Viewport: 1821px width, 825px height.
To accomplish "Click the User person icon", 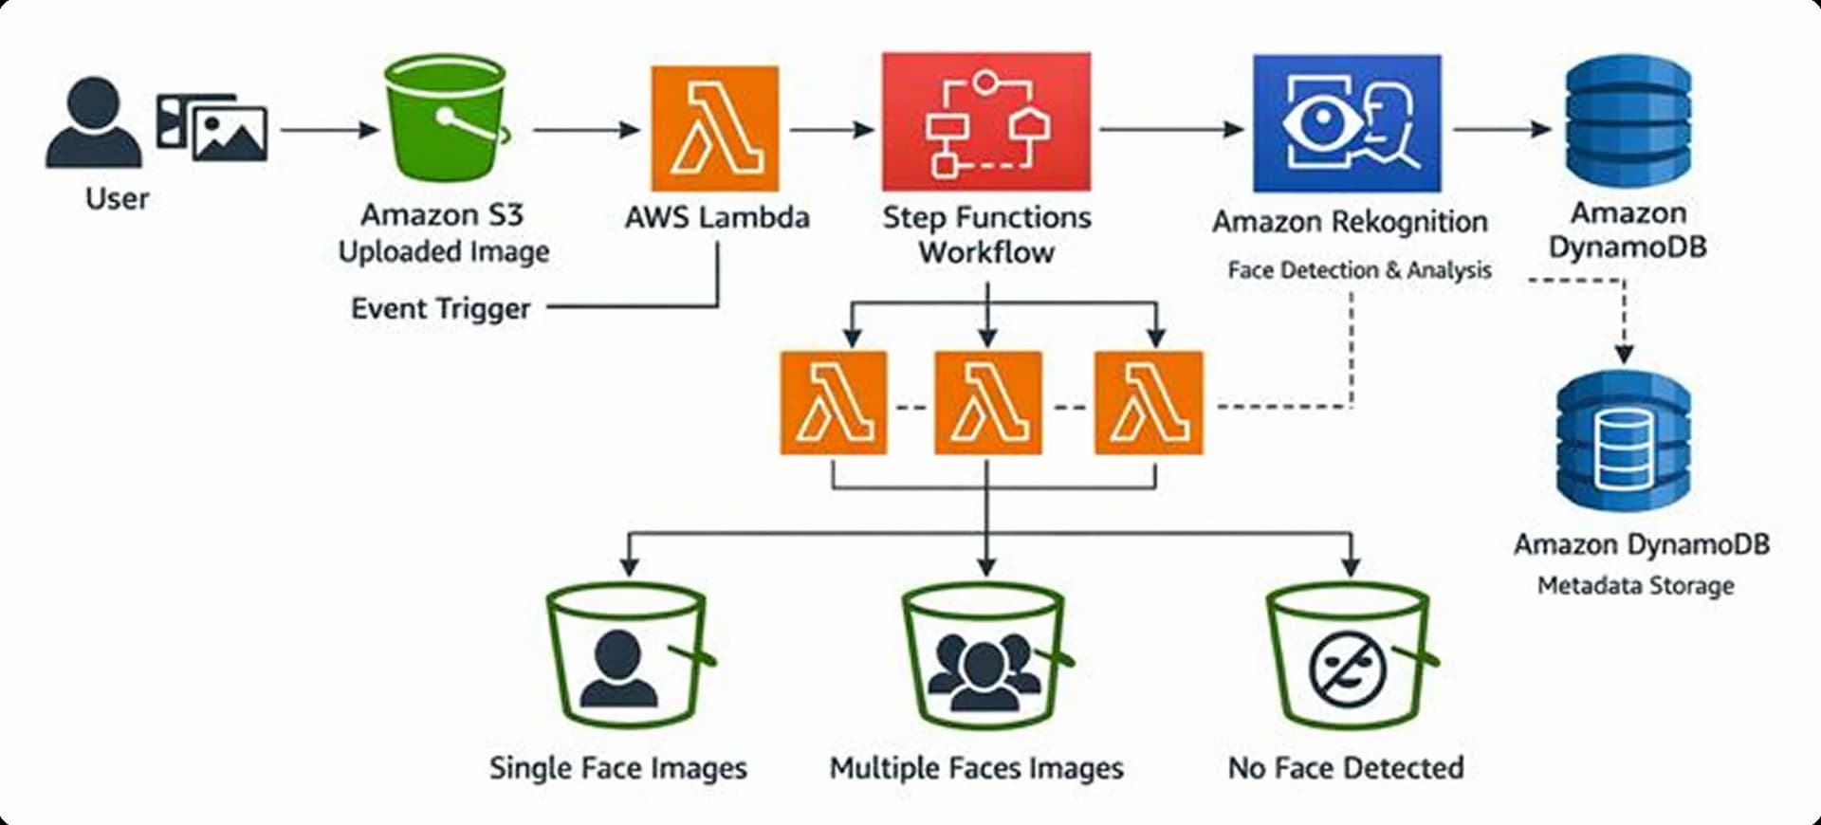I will click(x=93, y=123).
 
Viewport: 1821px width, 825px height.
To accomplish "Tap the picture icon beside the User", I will click(x=212, y=127).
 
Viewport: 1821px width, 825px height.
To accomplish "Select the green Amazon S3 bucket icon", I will click(x=445, y=118).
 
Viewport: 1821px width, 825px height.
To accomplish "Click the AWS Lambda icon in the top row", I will click(x=714, y=128).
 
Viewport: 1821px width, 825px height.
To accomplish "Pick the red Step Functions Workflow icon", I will click(x=985, y=121).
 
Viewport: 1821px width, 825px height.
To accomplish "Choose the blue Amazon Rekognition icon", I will click(x=1346, y=123).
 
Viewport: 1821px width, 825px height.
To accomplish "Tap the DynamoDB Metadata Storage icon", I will click(x=1623, y=441).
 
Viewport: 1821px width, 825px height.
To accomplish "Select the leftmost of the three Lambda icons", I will click(x=834, y=403).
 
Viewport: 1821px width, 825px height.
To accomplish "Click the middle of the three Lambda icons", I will click(x=987, y=403).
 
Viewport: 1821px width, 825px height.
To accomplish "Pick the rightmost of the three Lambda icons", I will click(x=1148, y=403).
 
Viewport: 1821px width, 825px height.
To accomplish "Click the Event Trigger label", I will click(x=440, y=309).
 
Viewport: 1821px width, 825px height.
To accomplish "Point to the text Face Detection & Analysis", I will click(x=1359, y=270).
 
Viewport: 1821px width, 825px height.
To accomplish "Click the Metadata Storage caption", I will click(x=1635, y=586).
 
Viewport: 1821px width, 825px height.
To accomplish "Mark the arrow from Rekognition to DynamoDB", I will click(x=1500, y=128).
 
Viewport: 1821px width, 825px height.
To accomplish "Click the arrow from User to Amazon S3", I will click(x=328, y=129).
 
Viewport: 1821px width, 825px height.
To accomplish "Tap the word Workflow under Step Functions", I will click(x=986, y=253).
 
